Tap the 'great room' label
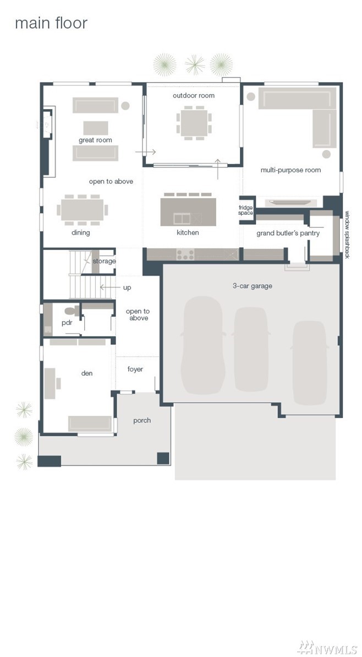95,140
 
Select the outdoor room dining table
194,123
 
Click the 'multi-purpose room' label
291,170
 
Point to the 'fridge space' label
246,210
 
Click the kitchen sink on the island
182,218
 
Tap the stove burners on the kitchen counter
185,253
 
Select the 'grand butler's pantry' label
288,233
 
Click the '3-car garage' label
253,286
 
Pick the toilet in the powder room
72,311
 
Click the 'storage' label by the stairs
104,261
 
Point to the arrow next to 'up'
108,287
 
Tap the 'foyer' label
135,369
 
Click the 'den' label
87,373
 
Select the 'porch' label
142,420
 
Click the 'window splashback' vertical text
347,235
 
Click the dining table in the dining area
83,209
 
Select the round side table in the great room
125,106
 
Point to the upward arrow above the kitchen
218,169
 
